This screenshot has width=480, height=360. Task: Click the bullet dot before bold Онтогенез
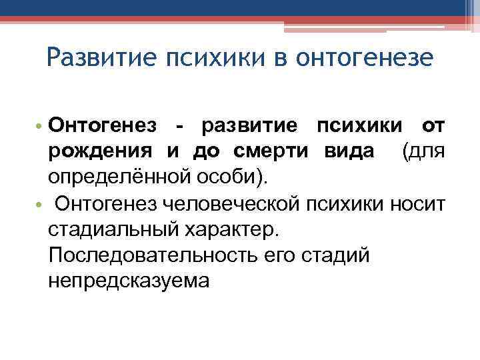pyautogui.click(x=39, y=126)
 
